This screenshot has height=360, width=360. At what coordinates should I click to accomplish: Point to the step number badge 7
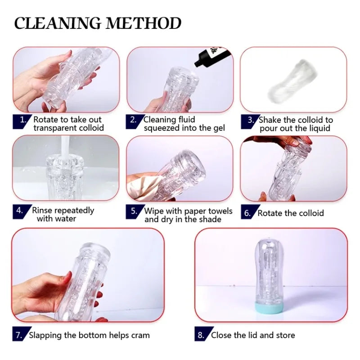click(19, 335)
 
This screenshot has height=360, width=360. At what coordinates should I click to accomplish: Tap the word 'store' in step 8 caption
click(284, 335)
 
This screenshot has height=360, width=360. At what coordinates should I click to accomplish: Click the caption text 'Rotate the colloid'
click(290, 213)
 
